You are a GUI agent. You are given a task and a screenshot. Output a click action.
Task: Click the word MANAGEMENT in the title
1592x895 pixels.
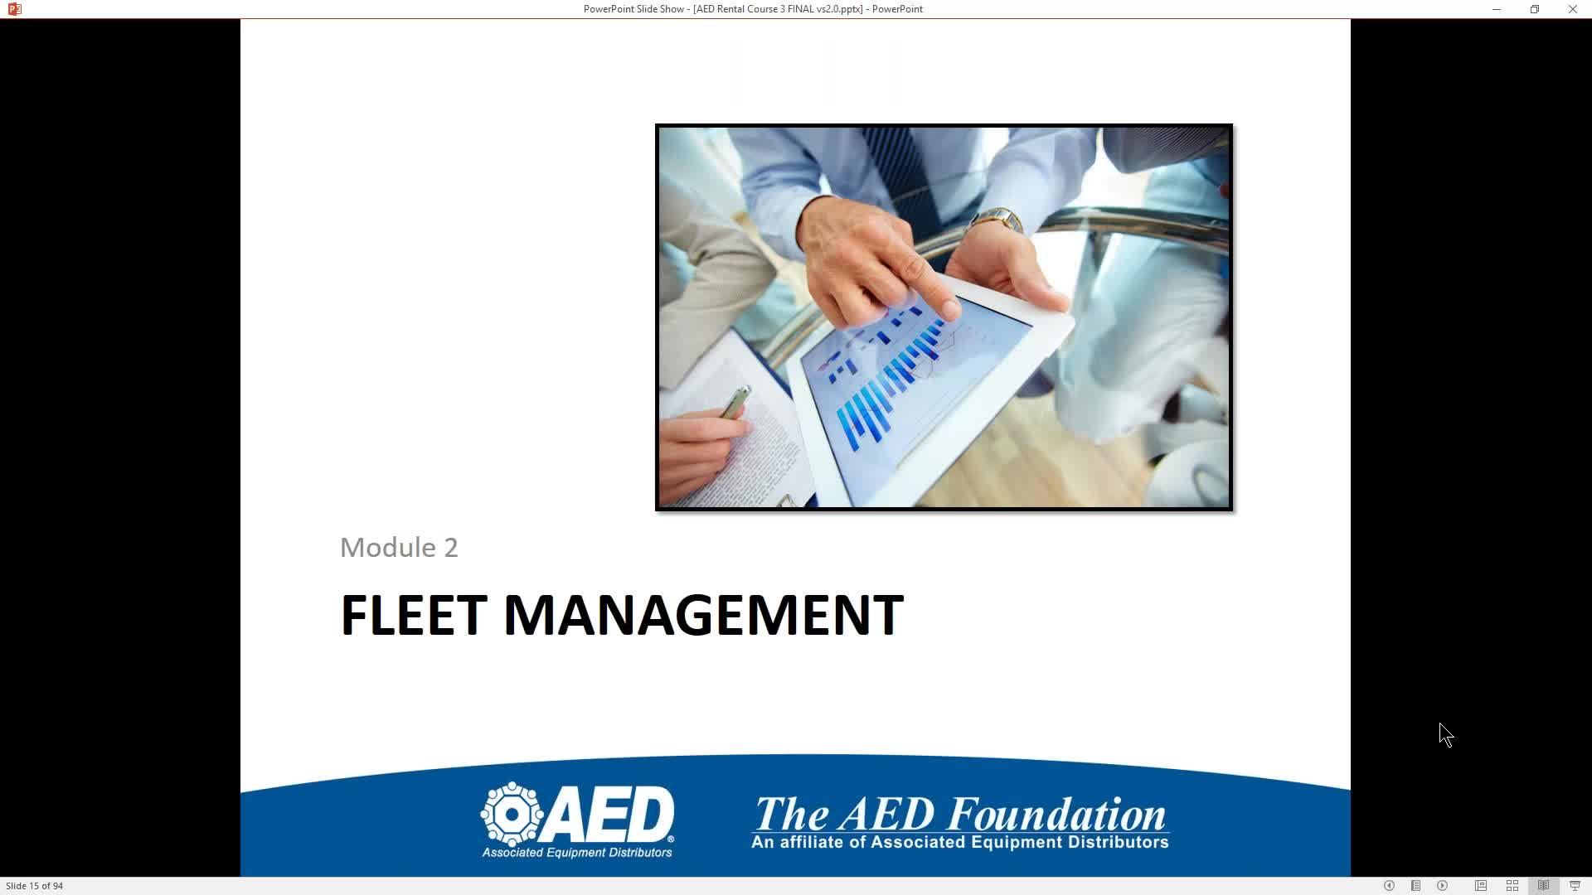coord(703,615)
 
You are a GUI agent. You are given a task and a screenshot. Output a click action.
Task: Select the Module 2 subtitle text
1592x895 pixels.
coord(399,548)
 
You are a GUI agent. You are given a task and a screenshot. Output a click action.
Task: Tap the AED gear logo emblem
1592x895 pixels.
coord(512,814)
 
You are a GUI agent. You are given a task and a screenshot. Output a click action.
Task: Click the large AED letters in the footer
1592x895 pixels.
coord(609,814)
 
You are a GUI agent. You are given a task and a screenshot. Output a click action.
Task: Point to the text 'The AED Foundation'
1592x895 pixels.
coord(960,814)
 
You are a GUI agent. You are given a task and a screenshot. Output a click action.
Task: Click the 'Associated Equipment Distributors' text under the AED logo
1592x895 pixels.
coord(577,853)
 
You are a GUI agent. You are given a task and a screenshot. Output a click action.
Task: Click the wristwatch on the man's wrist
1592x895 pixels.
coord(997,220)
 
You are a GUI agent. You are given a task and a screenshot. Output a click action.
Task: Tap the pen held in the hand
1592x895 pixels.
coord(735,402)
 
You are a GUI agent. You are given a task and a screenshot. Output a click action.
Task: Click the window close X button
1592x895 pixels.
coord(1572,9)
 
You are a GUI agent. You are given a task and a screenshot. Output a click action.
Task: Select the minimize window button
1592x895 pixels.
coord(1497,9)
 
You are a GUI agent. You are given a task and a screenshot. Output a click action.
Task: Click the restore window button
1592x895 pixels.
coord(1535,9)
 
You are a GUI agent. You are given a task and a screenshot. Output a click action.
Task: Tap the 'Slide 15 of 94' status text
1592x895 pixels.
coord(35,886)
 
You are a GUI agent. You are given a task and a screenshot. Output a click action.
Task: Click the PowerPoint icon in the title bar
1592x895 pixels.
coord(14,9)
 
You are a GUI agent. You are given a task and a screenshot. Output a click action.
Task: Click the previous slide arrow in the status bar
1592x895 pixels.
coord(1389,886)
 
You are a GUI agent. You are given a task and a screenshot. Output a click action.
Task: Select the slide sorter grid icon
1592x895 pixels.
coord(1512,886)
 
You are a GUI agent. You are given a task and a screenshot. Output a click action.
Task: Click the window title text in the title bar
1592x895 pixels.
coord(753,9)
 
